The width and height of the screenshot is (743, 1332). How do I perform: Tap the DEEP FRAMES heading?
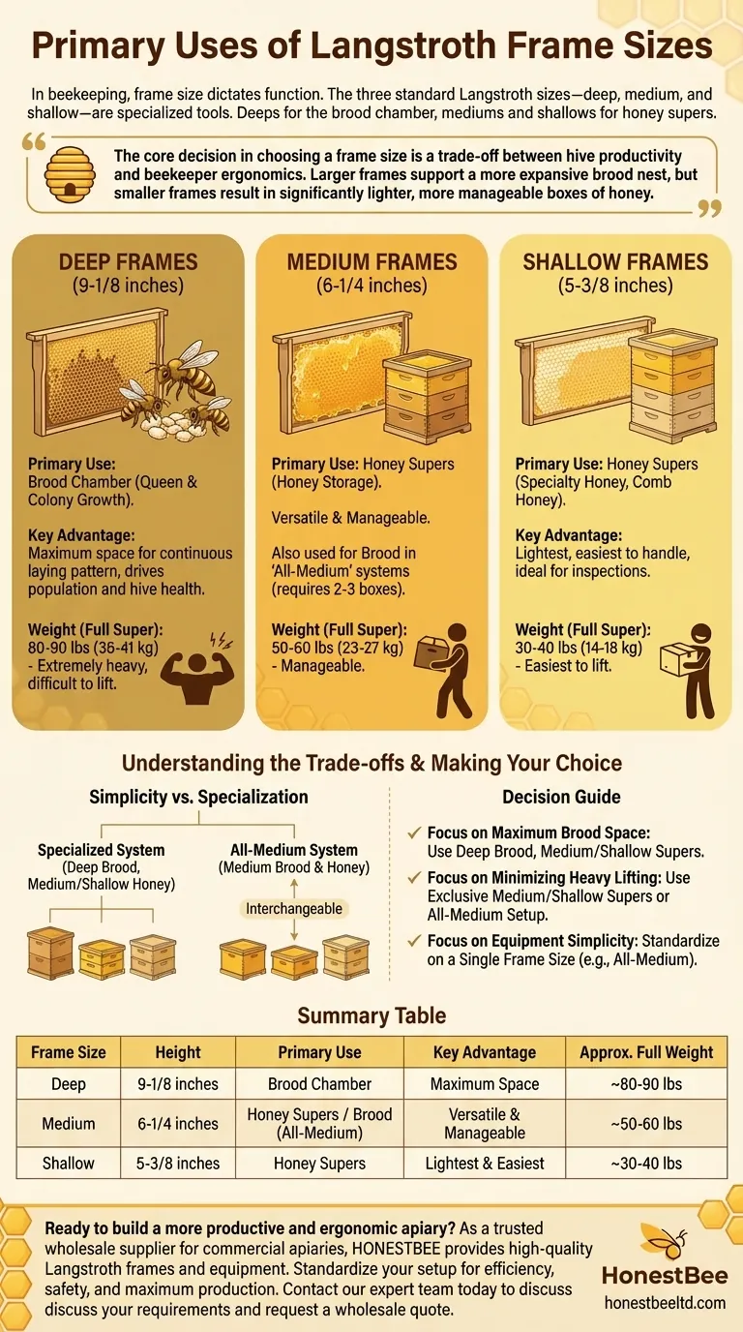[128, 261]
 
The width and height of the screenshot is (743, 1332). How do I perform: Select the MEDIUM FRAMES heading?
[371, 261]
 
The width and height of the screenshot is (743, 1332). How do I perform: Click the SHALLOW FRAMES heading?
[615, 261]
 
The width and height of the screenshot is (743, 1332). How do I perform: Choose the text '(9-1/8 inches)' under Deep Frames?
[128, 286]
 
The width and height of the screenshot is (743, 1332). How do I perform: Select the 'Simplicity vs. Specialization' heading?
[198, 798]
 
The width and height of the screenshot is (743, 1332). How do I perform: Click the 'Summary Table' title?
[371, 1016]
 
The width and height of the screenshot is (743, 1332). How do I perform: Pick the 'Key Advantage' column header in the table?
[485, 1052]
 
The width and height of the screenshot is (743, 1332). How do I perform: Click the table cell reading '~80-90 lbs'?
[646, 1083]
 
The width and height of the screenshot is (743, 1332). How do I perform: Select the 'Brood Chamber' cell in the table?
[320, 1083]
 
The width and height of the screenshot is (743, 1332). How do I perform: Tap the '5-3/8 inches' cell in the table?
[178, 1163]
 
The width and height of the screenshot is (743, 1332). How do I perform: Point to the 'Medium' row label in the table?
[69, 1124]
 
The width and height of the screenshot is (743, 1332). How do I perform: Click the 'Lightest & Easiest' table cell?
[485, 1163]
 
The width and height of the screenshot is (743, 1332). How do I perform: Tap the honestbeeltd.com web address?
[665, 1302]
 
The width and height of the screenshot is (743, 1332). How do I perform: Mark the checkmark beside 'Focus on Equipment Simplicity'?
[415, 941]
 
